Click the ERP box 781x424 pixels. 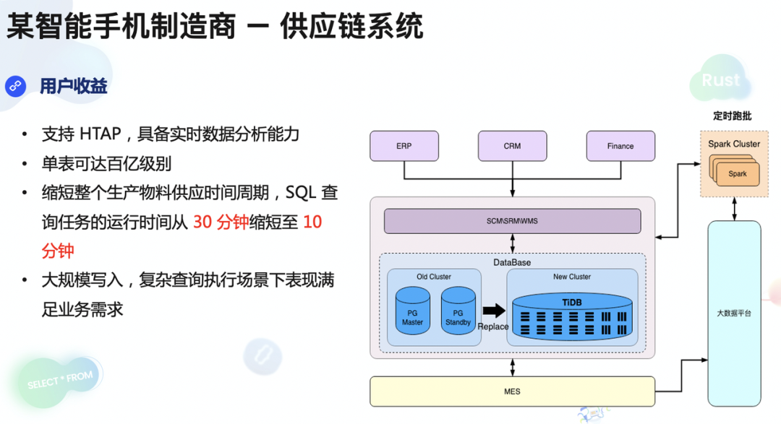(404, 146)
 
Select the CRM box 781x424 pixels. (512, 146)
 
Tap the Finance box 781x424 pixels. (620, 146)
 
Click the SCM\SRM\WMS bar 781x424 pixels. (512, 221)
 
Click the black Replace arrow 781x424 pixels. (494, 311)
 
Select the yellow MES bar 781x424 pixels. (512, 391)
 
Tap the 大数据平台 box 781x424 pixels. (734, 313)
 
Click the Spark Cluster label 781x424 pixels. (734, 144)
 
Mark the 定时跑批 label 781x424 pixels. (732, 116)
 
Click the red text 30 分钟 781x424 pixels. (221, 222)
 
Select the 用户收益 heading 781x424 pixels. (74, 87)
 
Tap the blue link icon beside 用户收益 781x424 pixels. (15, 87)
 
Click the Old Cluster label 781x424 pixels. (434, 277)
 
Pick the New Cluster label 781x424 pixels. (571, 277)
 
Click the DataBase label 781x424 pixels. (512, 261)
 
